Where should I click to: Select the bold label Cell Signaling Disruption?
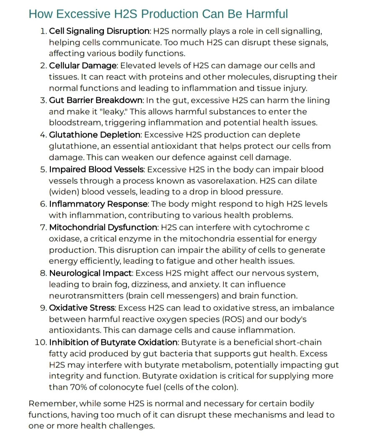pyautogui.click(x=99, y=31)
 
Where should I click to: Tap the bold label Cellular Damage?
pyautogui.click(x=83, y=66)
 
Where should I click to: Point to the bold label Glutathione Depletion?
pyautogui.click(x=95, y=135)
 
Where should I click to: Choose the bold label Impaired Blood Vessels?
pyautogui.click(x=96, y=170)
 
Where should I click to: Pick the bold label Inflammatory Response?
pyautogui.click(x=98, y=204)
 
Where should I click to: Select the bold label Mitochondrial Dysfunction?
pyautogui.click(x=103, y=227)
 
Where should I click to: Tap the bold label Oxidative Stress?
pyautogui.click(x=81, y=308)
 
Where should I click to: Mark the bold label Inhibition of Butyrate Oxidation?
pyautogui.click(x=112, y=343)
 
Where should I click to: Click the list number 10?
pyautogui.click(x=40, y=343)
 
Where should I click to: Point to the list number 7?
pyautogui.click(x=43, y=227)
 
